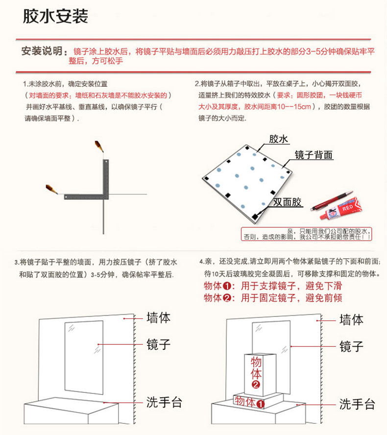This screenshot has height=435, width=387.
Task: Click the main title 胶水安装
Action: click(x=55, y=16)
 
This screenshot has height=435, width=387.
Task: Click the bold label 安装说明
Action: click(x=42, y=51)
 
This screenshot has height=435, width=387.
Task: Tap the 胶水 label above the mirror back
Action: click(x=279, y=139)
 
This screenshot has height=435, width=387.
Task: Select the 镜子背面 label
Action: click(x=314, y=155)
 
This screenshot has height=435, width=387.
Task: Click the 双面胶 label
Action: click(x=287, y=202)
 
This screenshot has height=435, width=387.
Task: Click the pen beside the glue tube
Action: click(x=332, y=200)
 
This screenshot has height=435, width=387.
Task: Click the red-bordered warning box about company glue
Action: click(x=306, y=234)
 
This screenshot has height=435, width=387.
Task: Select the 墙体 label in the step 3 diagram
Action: click(x=158, y=317)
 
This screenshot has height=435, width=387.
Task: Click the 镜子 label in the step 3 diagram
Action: click(x=158, y=344)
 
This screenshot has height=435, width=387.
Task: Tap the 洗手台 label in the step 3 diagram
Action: click(x=164, y=402)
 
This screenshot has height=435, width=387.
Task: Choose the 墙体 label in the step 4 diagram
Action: click(x=352, y=320)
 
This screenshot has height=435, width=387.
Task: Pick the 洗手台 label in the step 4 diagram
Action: click(x=357, y=404)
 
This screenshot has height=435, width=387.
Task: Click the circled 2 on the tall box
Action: click(x=256, y=385)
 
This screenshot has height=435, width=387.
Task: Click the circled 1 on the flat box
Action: click(x=260, y=404)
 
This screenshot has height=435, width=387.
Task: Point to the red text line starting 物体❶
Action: click(x=273, y=286)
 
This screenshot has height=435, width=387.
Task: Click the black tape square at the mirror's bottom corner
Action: click(x=255, y=216)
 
